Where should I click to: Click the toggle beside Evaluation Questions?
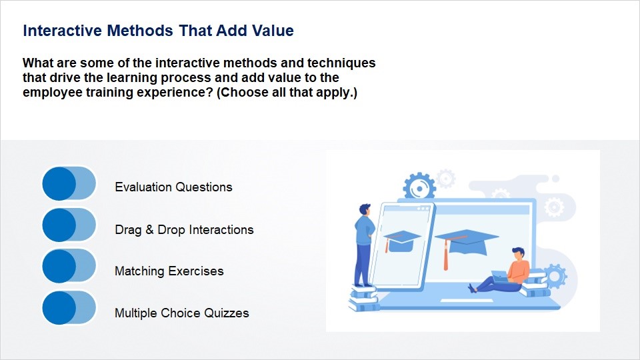(69, 183)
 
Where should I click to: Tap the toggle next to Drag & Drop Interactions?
(69, 225)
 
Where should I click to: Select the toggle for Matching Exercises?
(69, 266)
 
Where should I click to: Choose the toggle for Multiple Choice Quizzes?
(69, 308)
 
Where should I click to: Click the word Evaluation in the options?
(143, 187)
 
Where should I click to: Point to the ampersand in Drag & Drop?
(149, 229)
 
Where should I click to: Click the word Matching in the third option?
(139, 271)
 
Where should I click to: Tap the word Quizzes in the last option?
(226, 313)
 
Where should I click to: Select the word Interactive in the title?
(63, 31)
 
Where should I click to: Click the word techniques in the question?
(341, 63)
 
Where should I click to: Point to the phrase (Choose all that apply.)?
(287, 93)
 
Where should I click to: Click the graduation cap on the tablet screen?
(401, 241)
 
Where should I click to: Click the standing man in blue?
(364, 245)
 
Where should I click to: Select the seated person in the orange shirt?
(502, 271)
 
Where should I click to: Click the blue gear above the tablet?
(419, 187)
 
